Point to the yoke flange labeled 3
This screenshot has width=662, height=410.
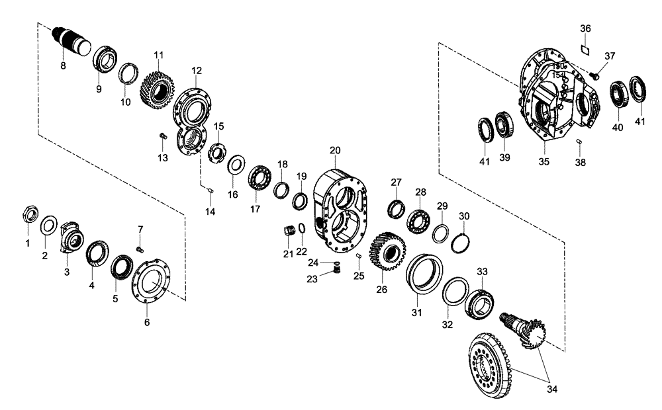pos(71,237)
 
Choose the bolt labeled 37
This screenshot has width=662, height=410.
pos(594,76)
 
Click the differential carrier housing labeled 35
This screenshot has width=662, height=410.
pos(556,99)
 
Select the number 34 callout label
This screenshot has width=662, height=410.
pos(552,389)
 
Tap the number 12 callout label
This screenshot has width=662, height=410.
pos(197,69)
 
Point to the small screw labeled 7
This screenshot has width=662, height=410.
pos(140,248)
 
